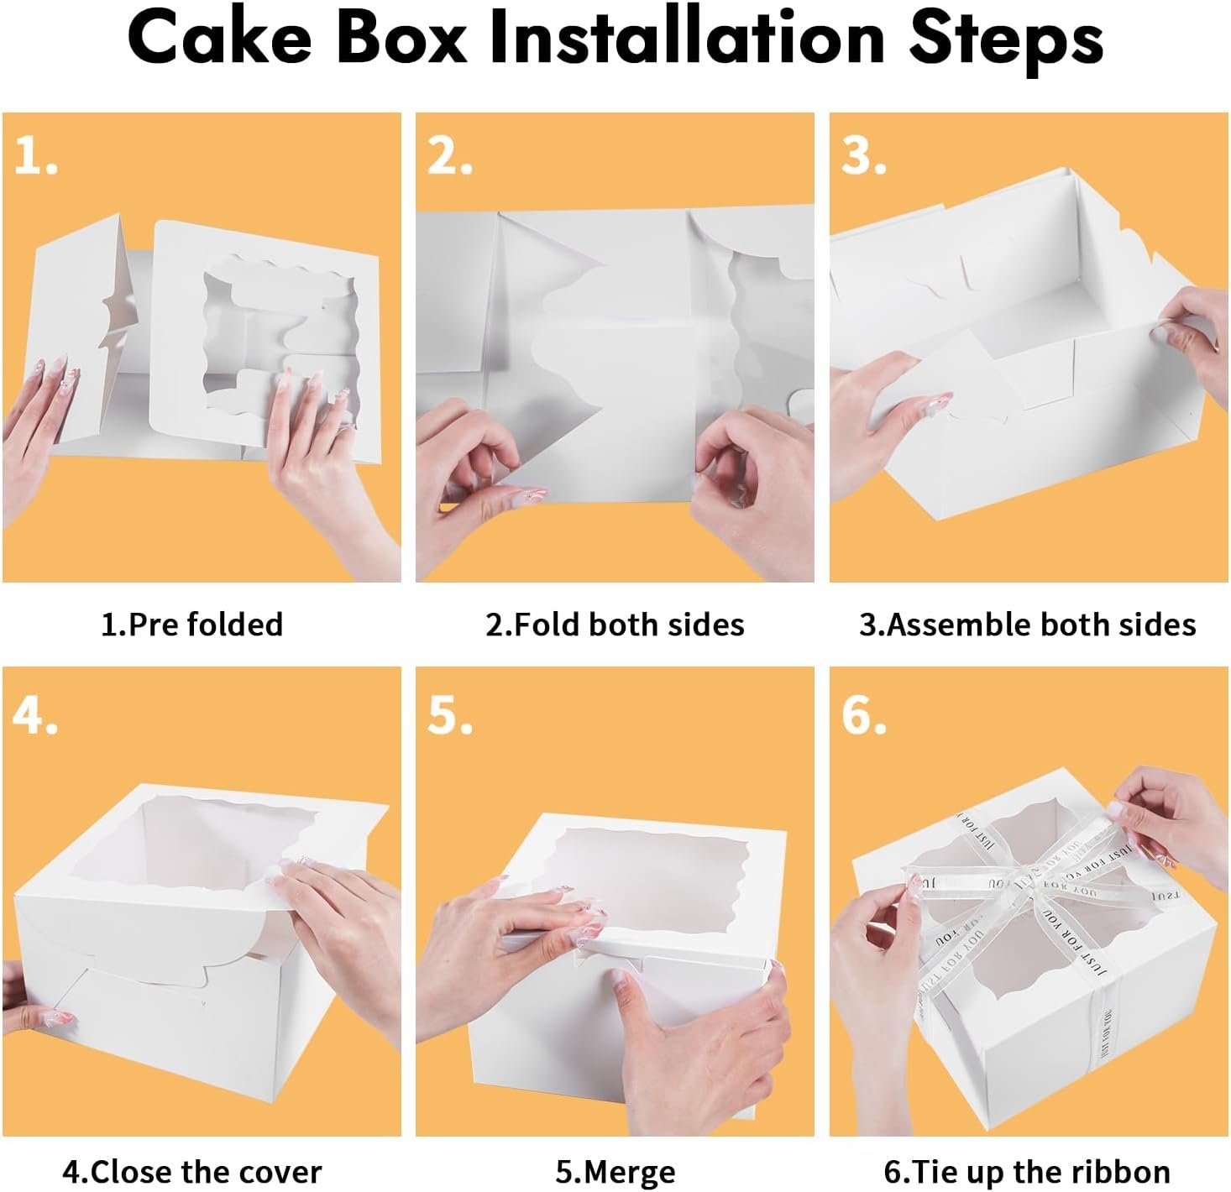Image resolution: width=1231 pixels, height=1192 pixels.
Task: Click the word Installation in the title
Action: coord(686,39)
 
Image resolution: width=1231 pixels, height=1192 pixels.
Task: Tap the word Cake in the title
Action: coord(219,39)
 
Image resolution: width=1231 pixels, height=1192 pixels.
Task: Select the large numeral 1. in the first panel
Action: coord(35,156)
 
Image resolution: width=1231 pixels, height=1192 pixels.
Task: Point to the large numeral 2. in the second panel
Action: coord(449,156)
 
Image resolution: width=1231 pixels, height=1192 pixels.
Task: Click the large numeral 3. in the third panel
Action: coord(863,156)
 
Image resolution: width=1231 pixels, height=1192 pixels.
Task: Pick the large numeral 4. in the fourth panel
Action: coord(35,716)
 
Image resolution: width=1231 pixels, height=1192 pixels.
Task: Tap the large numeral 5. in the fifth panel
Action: coord(449,716)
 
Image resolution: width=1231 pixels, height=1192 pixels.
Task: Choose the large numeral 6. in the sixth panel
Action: coord(863,716)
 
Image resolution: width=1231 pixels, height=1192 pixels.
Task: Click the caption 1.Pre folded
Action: coord(191,625)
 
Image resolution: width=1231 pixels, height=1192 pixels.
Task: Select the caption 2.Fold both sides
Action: coord(615,625)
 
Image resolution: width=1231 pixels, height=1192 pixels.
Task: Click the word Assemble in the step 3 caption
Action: coord(960,625)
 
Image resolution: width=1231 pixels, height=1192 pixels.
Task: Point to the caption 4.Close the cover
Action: coord(191,1171)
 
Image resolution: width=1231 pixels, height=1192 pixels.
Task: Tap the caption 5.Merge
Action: coord(615,1171)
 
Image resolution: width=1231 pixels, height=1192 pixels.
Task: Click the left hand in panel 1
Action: coord(38,428)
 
